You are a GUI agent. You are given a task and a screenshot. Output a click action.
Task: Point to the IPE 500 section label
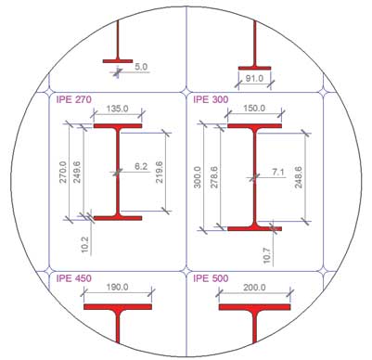coord(212,276)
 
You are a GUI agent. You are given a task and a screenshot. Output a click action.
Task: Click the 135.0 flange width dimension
coord(117,108)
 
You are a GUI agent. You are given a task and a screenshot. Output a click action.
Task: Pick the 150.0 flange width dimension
coord(254,108)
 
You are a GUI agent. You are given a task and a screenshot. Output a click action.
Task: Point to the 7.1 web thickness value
coord(279,172)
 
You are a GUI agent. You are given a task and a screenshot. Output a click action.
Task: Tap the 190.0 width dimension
coord(117,289)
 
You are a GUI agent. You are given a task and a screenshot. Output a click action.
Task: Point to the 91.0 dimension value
coord(254,80)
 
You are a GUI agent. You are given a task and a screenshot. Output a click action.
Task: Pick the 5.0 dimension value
coord(140,67)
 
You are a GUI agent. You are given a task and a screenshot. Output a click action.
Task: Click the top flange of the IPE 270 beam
coord(117,125)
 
